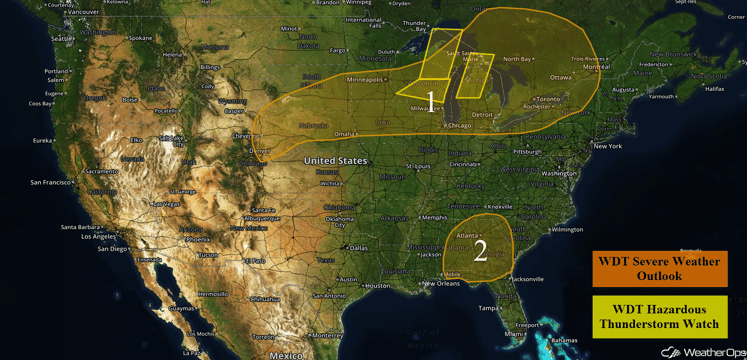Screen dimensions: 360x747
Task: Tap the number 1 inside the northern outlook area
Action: pos(431,100)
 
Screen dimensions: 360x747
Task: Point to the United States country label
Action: pos(335,160)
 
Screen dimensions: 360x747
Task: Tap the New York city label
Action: pos(607,147)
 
